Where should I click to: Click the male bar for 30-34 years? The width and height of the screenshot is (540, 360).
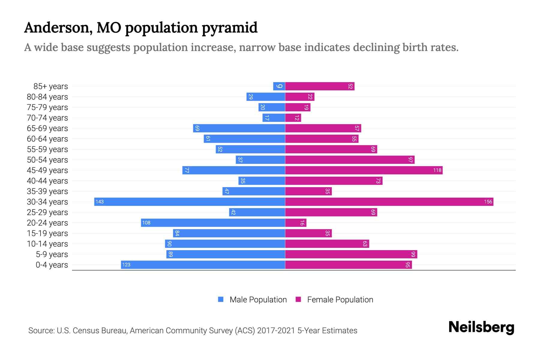[190, 202]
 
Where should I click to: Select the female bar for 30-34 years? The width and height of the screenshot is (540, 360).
[389, 202]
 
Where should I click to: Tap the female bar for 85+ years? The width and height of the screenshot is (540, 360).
[320, 86]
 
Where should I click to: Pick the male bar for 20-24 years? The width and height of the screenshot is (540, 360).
[213, 223]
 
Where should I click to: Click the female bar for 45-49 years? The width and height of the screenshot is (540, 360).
[364, 170]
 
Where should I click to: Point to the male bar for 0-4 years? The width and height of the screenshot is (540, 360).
[203, 265]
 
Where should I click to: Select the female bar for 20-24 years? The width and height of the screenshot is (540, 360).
[295, 223]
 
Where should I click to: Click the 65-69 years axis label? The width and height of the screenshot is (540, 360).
[47, 128]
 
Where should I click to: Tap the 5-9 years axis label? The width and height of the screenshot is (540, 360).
[52, 254]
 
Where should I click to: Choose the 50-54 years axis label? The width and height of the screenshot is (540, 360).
[47, 160]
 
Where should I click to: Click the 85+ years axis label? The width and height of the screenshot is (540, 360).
[50, 86]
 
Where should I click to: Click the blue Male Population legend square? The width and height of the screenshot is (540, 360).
[221, 299]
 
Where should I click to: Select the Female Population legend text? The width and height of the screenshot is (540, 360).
[340, 299]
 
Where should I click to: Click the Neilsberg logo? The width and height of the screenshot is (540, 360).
[481, 327]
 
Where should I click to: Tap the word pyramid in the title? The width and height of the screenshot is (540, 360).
[229, 28]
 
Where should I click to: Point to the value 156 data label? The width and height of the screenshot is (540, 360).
[488, 202]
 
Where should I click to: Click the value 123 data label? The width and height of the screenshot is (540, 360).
[126, 265]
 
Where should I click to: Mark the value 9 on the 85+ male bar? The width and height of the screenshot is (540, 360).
[279, 86]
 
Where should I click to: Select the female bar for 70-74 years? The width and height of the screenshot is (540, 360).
[293, 118]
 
